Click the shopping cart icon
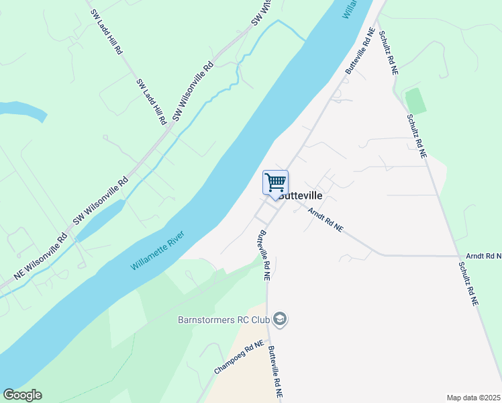tap(275, 183)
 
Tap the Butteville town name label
tap(300, 195)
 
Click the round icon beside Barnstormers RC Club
tap(281, 319)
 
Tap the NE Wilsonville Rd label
tap(41, 256)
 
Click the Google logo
tap(22, 395)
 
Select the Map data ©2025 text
tap(474, 398)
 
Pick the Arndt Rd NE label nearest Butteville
tap(325, 220)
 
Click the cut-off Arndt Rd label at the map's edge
tap(484, 256)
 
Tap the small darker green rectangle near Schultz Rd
tap(415, 101)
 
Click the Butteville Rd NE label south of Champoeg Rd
tap(276, 373)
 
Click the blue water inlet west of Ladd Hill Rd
tap(23, 111)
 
